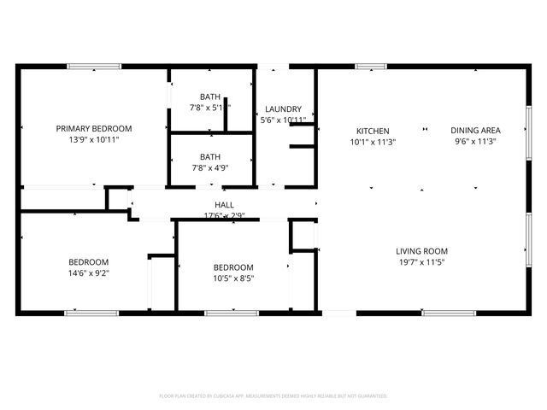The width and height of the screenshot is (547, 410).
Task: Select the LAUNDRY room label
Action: [283, 109]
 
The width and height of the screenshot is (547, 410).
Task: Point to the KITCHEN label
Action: [373, 131]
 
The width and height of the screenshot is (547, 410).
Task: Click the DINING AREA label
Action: [475, 131]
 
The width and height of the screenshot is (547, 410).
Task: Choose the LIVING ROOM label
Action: [422, 251]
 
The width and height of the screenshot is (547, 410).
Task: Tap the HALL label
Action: [224, 205]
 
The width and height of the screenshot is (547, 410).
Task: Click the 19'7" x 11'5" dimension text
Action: [422, 262]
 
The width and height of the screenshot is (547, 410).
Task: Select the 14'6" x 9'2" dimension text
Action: [89, 273]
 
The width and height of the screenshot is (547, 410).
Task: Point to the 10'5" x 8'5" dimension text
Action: [233, 278]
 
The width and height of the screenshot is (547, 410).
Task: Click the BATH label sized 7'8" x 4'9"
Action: [209, 157]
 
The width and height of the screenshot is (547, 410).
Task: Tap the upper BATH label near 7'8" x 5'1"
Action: [209, 97]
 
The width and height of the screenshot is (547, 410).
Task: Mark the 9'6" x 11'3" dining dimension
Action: [475, 142]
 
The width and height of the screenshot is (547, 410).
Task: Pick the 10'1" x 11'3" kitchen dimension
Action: [373, 142]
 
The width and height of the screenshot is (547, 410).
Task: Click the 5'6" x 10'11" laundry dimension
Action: [283, 120]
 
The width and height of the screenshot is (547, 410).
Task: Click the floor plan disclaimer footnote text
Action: [273, 396]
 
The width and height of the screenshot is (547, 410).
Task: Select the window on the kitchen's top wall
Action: [371, 67]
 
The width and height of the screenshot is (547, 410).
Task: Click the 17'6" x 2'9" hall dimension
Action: [224, 215]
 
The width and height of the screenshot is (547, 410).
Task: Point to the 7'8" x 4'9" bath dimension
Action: [209, 168]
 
